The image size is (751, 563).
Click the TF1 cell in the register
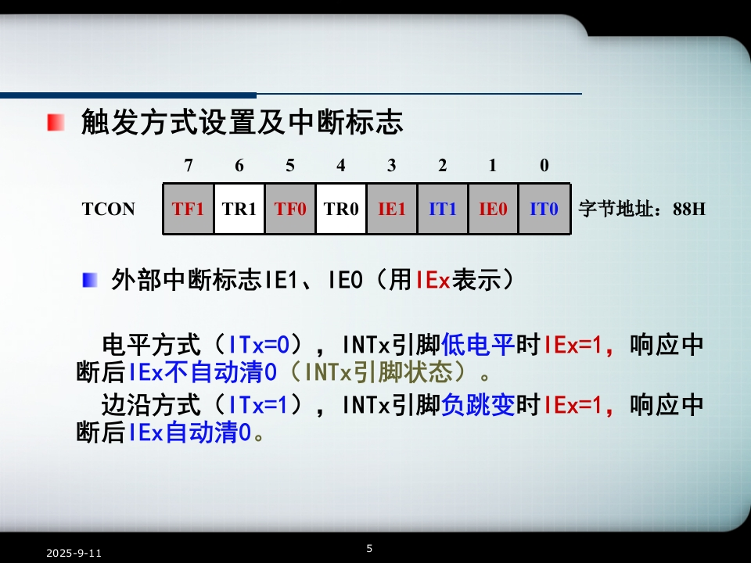click(189, 209)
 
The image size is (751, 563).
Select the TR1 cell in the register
click(239, 209)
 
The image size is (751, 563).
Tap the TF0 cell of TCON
click(289, 209)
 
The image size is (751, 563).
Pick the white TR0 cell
click(341, 209)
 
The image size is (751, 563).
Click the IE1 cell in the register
click(392, 209)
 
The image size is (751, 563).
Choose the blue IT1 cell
click(443, 209)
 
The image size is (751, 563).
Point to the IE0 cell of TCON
click(494, 209)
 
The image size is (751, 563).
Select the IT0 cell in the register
click(544, 209)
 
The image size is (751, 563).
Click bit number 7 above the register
click(189, 166)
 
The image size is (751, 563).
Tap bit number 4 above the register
click(341, 166)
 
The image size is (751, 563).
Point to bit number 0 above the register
click(544, 166)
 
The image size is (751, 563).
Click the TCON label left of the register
click(109, 210)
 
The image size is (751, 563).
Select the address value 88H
click(688, 210)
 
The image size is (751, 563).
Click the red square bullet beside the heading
click(56, 122)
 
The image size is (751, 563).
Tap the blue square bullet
click(89, 280)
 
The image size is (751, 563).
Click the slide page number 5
click(369, 549)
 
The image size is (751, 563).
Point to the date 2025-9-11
click(74, 554)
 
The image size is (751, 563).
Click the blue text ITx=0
click(259, 345)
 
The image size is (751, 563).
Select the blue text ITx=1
click(257, 405)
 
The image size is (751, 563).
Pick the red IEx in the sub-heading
click(433, 280)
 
